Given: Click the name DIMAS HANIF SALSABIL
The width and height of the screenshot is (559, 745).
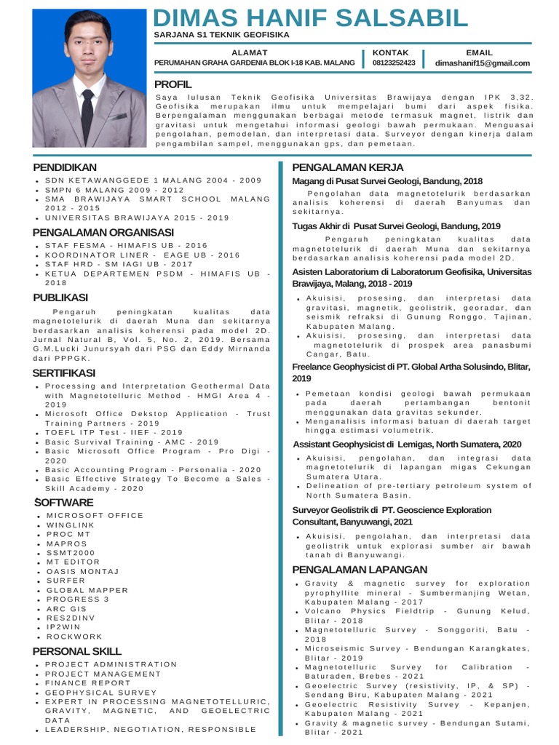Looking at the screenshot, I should click(311, 17).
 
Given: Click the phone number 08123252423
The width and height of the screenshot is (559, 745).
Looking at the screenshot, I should click(393, 63).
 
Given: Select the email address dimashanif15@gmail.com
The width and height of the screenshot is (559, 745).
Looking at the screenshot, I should click(482, 63).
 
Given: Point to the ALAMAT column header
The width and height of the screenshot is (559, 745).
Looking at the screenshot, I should click(250, 52).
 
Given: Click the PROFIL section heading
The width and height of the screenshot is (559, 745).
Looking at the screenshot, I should click(173, 84).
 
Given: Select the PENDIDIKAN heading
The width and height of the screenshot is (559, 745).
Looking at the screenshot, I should click(65, 167).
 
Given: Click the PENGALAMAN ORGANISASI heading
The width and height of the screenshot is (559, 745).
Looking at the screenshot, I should click(103, 232).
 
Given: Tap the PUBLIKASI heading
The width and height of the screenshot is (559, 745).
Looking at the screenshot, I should click(60, 297).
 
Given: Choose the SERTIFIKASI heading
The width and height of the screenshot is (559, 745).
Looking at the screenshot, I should click(64, 372).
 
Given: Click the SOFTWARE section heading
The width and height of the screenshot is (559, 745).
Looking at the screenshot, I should click(63, 502).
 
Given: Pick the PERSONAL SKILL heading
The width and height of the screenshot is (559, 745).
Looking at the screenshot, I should click(77, 650).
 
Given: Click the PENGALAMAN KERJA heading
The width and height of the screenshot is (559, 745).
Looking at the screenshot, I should click(347, 167).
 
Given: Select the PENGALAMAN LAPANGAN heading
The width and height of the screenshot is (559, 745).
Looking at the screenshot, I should click(360, 569).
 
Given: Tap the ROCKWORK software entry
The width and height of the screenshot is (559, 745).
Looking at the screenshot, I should click(74, 637).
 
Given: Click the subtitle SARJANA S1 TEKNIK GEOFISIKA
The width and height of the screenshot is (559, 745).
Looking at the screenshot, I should click(221, 35).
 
